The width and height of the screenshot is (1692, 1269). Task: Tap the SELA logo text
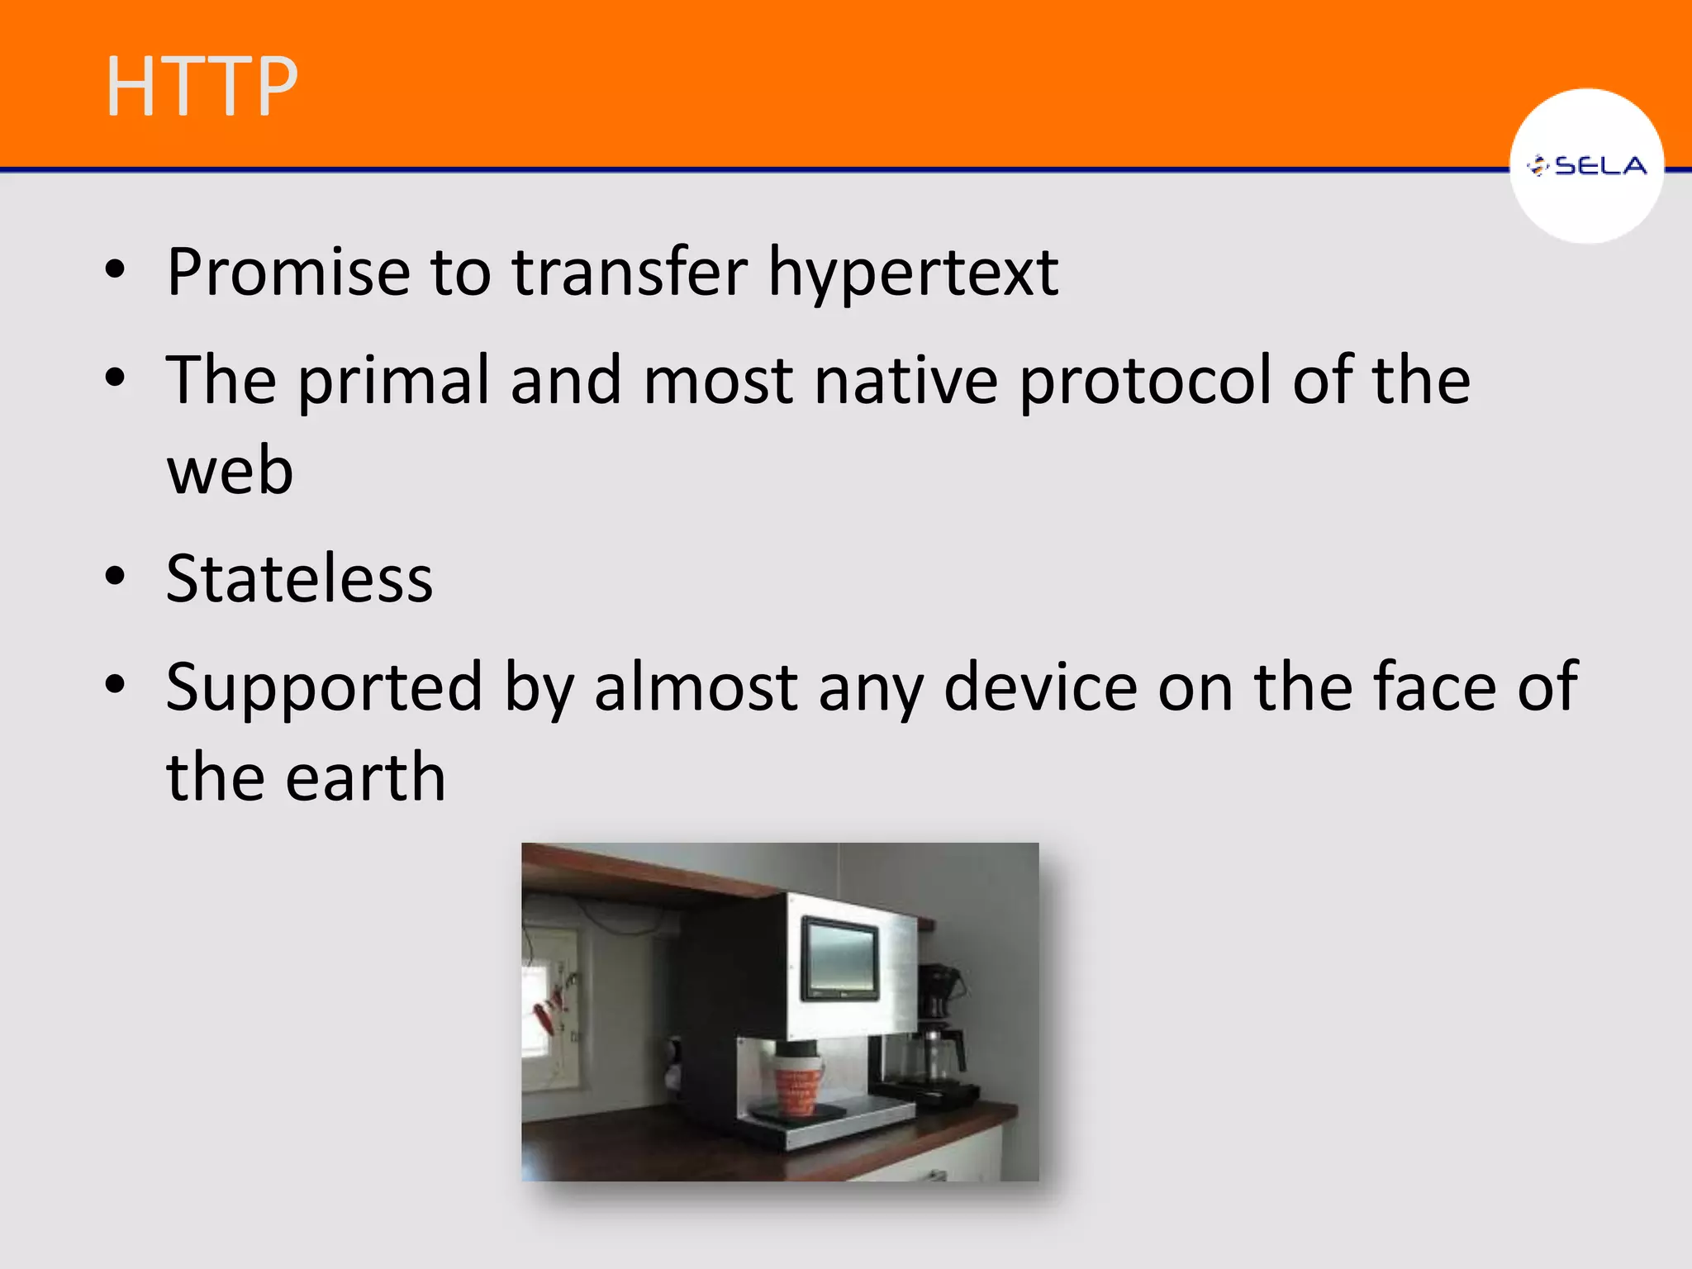pyautogui.click(x=1599, y=166)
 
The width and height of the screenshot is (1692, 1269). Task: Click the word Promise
pyautogui.click(x=288, y=272)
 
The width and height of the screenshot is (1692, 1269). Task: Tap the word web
pyautogui.click(x=230, y=470)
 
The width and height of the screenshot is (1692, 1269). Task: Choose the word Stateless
pyautogui.click(x=299, y=578)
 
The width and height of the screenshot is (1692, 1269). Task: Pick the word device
pyautogui.click(x=1040, y=687)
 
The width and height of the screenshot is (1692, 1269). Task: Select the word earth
pyautogui.click(x=364, y=777)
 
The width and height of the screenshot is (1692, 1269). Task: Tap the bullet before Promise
pyautogui.click(x=116, y=269)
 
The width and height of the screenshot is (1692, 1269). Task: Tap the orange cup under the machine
pyautogui.click(x=796, y=1084)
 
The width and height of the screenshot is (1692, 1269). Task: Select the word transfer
pyautogui.click(x=630, y=272)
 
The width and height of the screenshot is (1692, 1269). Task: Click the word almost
pyautogui.click(x=696, y=687)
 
